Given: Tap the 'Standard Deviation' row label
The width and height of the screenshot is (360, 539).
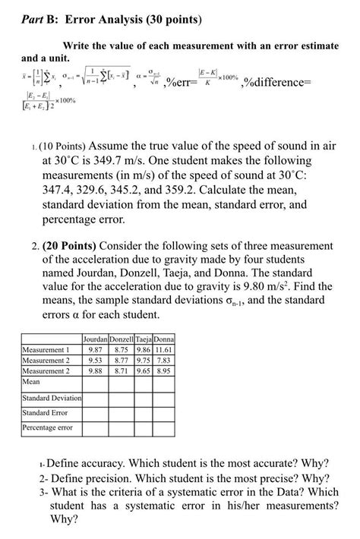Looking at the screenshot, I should tap(52, 398).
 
